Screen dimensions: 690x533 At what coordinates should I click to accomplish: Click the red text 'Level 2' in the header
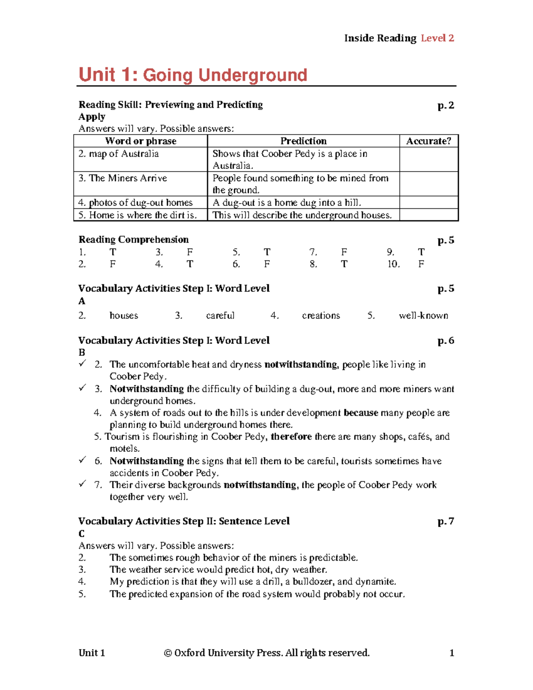click(x=437, y=38)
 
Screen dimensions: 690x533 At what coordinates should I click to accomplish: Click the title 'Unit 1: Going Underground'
click(x=193, y=75)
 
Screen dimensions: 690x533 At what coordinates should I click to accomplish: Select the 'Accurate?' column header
click(x=428, y=141)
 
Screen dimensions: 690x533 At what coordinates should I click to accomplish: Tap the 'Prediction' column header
click(x=303, y=141)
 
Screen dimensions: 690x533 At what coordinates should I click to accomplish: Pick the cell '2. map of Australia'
click(x=119, y=154)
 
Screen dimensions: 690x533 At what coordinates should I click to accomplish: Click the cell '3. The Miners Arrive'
click(x=123, y=178)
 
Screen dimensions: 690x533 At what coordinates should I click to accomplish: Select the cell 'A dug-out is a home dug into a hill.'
click(x=287, y=203)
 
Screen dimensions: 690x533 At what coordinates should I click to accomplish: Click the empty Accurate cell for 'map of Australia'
click(x=428, y=160)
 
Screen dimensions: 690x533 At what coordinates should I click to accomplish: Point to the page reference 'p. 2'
click(x=445, y=105)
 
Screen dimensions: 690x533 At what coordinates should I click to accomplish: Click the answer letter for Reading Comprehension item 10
click(x=421, y=264)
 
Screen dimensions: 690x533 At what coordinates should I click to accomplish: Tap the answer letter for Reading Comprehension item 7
click(x=344, y=252)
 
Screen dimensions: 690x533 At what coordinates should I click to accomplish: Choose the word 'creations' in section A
click(x=321, y=315)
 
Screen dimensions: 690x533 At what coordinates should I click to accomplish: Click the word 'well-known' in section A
click(x=423, y=315)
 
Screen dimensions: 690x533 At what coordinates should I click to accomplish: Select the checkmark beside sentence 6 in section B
click(x=82, y=460)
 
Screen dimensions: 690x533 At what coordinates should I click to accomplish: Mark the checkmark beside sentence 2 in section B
click(x=82, y=364)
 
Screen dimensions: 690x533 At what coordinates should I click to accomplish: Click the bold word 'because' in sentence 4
click(x=361, y=413)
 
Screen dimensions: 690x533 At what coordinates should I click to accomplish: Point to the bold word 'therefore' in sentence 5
click(x=291, y=437)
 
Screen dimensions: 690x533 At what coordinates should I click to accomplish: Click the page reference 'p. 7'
click(x=445, y=521)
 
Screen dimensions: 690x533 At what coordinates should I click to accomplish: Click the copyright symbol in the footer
click(x=168, y=653)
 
